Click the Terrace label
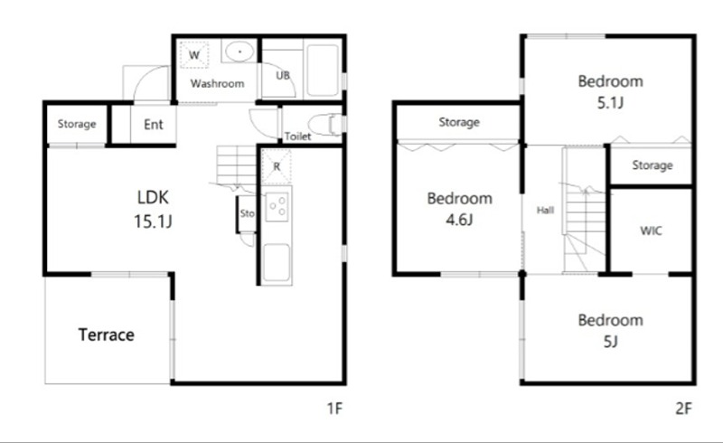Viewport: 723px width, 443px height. [x=107, y=335]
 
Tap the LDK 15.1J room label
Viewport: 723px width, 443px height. [x=153, y=209]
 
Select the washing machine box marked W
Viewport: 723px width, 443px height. [x=194, y=55]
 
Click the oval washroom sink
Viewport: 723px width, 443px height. [x=239, y=52]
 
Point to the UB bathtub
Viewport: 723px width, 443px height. [x=323, y=70]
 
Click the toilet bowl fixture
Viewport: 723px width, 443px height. [x=325, y=124]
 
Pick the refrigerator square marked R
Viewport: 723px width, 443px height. [x=277, y=166]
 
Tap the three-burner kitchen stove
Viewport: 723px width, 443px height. [x=277, y=207]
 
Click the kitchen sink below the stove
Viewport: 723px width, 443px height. [x=277, y=263]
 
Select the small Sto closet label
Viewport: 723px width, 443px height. [x=247, y=213]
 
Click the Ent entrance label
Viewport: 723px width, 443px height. [x=154, y=124]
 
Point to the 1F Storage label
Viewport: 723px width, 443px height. [x=77, y=124]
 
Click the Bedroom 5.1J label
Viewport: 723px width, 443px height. [x=611, y=91]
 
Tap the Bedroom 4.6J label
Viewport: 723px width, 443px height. [x=460, y=209]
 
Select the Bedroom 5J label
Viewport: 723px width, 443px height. [x=611, y=330]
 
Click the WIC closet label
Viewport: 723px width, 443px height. [x=651, y=231]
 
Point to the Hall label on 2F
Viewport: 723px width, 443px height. [x=545, y=211]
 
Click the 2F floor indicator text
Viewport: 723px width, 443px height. [x=683, y=409]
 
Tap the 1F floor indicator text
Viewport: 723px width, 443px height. [x=334, y=409]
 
